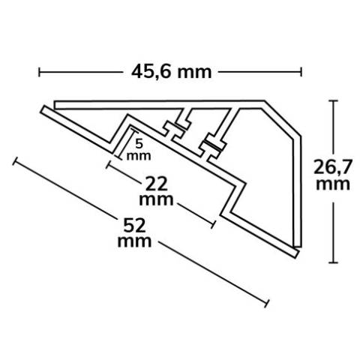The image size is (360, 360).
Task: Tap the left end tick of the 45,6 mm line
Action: point(39,72)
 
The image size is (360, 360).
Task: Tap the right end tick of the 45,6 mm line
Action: point(301,72)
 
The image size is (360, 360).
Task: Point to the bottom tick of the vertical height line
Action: point(332,262)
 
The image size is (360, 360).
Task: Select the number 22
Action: point(156,183)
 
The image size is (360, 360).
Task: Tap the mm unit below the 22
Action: point(156,200)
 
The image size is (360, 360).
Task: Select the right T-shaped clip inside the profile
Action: point(212,146)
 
